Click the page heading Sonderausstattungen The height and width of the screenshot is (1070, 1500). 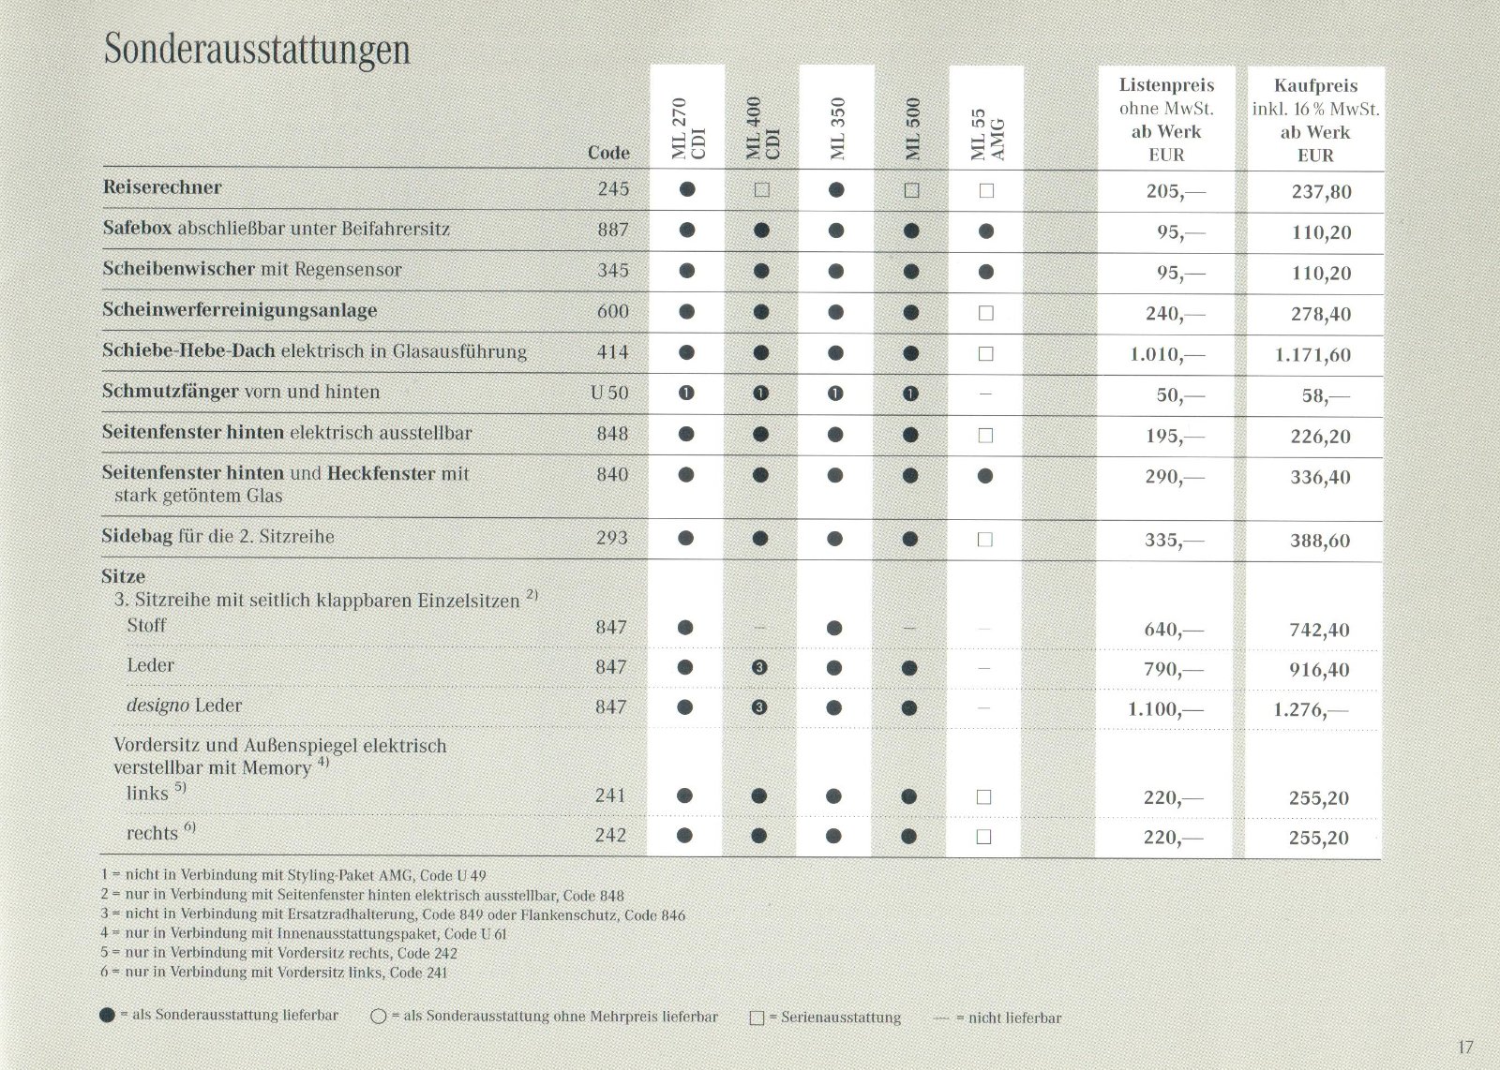pyautogui.click(x=257, y=49)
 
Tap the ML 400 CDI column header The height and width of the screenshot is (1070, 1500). pyautogui.click(x=762, y=128)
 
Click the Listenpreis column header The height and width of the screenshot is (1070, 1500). pyautogui.click(x=1166, y=85)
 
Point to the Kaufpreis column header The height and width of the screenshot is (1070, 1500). pyautogui.click(x=1315, y=85)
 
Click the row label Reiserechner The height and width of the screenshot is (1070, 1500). pyautogui.click(x=162, y=187)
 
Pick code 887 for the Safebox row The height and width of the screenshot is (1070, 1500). pyautogui.click(x=613, y=230)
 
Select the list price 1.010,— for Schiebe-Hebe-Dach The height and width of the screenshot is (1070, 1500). pyautogui.click(x=1165, y=355)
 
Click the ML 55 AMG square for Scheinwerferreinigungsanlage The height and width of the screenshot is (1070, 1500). pyautogui.click(x=985, y=313)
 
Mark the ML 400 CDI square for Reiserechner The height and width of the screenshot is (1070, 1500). pyautogui.click(x=761, y=190)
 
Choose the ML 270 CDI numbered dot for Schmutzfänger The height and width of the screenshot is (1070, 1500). pyautogui.click(x=686, y=394)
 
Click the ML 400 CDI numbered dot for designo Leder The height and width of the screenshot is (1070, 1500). pyautogui.click(x=759, y=707)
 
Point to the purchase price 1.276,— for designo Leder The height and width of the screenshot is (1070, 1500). pyautogui.click(x=1310, y=710)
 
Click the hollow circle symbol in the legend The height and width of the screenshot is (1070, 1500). pyautogui.click(x=379, y=1017)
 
